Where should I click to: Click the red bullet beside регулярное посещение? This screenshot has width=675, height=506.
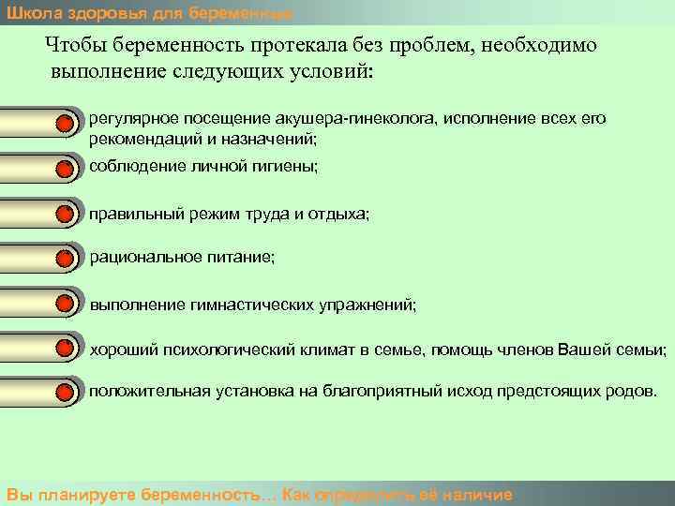coord(65,123)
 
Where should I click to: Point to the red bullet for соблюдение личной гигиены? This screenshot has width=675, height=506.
coord(65,169)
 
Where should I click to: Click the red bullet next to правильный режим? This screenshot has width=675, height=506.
coord(65,215)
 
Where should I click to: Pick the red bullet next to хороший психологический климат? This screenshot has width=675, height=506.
coord(65,350)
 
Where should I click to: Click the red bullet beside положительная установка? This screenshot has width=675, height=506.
coord(65,391)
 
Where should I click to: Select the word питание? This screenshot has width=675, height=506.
coord(245,257)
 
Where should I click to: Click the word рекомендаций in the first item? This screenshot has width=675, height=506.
coord(137,139)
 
